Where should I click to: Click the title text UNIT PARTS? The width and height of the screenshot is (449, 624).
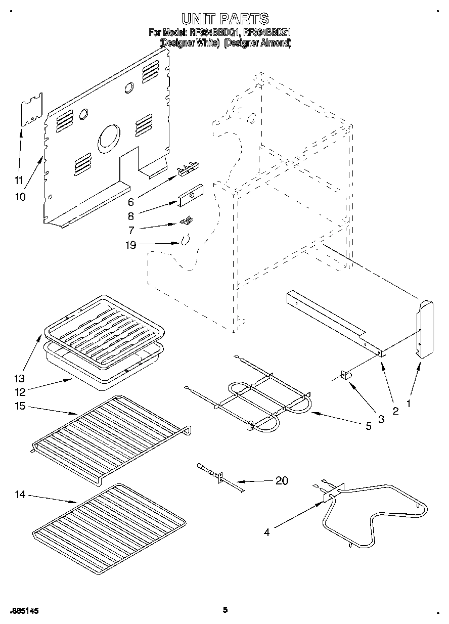click(225, 19)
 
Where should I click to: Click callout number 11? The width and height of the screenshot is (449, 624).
click(19, 180)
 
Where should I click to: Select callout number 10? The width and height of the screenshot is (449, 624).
click(20, 197)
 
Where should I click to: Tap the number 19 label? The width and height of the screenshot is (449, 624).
click(130, 245)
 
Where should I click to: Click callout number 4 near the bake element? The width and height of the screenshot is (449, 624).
click(266, 531)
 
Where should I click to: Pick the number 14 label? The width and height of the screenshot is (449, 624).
click(20, 495)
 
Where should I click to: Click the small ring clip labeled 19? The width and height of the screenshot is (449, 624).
click(186, 239)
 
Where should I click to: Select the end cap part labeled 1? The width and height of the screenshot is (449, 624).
click(424, 329)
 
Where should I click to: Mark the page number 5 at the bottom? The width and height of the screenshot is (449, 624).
click(225, 610)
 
